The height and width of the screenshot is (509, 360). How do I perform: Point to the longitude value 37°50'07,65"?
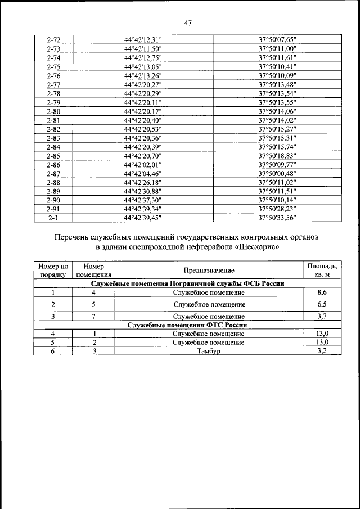277,40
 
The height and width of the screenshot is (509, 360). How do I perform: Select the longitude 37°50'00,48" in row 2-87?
277,173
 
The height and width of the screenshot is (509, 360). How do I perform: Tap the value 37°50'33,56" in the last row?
277,218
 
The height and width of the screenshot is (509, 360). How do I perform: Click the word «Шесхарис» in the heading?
255,247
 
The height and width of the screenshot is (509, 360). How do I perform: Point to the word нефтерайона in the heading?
204,247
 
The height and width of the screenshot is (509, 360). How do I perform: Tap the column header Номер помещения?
93,271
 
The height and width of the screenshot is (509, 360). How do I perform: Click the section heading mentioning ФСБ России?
188,284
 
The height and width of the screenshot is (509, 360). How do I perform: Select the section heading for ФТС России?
188,325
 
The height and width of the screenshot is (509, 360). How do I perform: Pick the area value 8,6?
322,292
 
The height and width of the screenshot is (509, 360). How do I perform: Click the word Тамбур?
208,351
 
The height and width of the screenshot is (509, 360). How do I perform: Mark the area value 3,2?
322,351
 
